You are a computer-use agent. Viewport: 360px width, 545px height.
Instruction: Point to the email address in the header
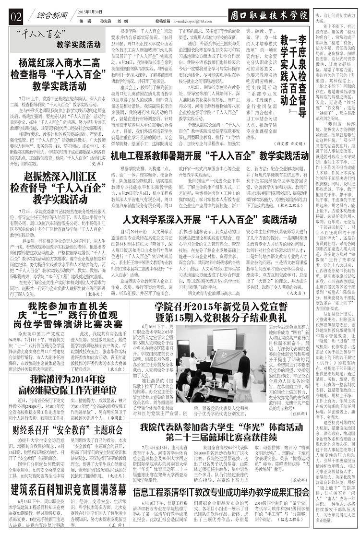192,22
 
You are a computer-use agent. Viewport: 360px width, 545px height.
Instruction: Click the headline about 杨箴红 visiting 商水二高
58,74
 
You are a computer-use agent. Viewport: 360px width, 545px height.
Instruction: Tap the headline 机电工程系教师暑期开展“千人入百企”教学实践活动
210,155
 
